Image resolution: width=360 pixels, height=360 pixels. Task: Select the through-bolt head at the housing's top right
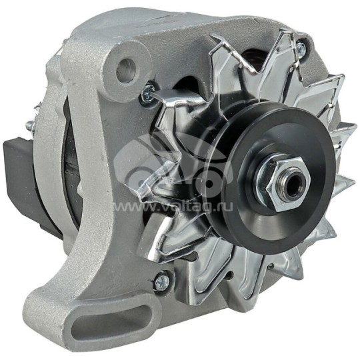pos(301,47)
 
